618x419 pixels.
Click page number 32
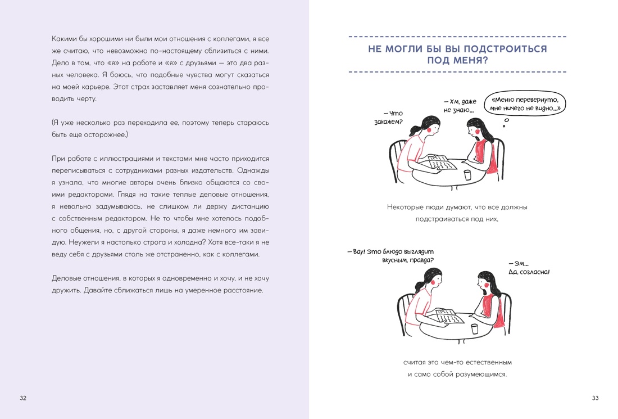click(x=23, y=398)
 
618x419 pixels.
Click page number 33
click(x=595, y=398)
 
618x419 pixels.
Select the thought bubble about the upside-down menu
click(x=525, y=103)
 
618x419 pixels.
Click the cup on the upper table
click(x=467, y=175)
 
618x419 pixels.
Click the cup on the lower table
click(x=474, y=328)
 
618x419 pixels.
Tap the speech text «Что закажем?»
click(x=389, y=118)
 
